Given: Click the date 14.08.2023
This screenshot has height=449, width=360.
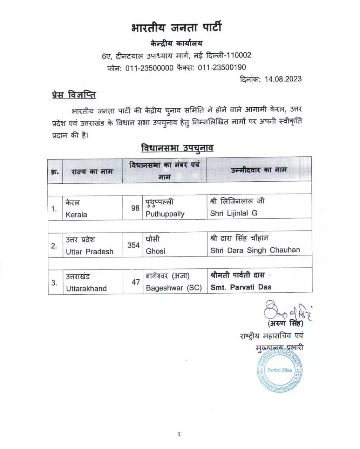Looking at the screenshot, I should [x=283, y=79].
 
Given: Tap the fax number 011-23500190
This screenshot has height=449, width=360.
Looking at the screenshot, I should [x=222, y=67].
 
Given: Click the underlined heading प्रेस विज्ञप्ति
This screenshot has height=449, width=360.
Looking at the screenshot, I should [x=74, y=95].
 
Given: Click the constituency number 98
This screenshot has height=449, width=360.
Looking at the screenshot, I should [x=135, y=208].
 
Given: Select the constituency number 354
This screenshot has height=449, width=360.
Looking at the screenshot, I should [x=134, y=245].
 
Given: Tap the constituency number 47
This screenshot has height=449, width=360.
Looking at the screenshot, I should [x=136, y=282].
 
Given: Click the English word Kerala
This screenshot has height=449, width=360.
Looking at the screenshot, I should [x=76, y=215].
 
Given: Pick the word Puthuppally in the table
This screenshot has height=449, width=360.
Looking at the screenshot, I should [x=165, y=214].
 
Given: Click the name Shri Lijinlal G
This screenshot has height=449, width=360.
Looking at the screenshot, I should [x=233, y=213].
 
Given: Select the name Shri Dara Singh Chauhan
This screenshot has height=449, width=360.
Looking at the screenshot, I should [x=255, y=250].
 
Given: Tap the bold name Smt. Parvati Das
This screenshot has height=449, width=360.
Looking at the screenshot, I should [x=241, y=287].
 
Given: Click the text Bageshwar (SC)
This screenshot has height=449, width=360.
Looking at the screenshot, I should [x=174, y=288].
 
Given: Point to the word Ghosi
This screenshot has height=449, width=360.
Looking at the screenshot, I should [x=155, y=251].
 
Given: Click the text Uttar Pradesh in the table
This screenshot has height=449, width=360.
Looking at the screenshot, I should [x=89, y=252].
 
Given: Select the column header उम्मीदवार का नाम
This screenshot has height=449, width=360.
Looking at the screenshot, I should [x=259, y=170].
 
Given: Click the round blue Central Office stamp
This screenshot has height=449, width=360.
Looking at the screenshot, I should [x=279, y=370].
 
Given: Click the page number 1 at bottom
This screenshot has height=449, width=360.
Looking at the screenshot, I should [x=179, y=434].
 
